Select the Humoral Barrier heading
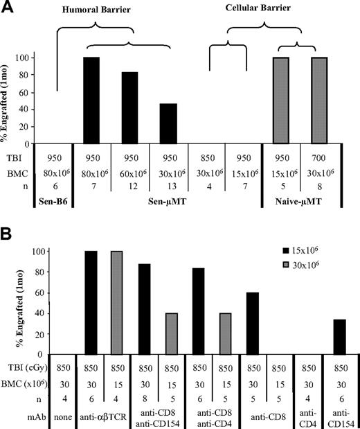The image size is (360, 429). [x=101, y=10]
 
